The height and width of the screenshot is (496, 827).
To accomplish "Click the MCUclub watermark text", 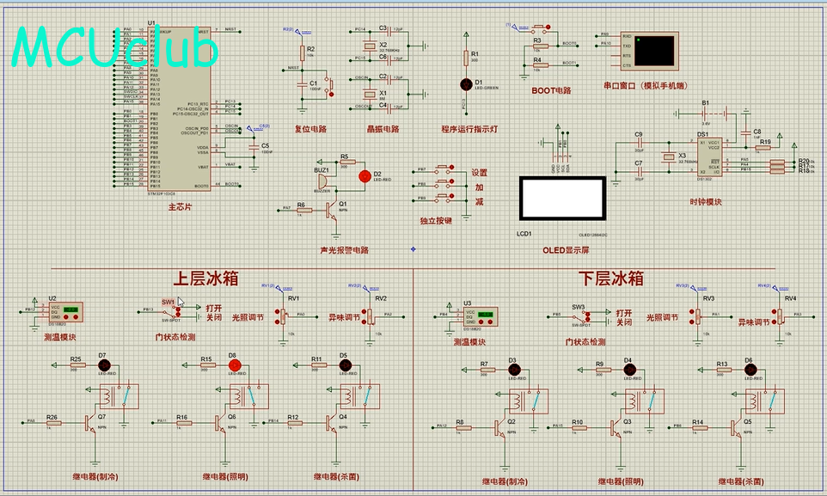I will click(x=115, y=48).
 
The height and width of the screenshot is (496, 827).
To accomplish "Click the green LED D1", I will click(x=467, y=83).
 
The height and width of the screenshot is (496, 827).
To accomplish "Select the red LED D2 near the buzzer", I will click(x=365, y=175).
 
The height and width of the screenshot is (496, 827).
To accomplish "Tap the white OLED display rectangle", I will click(x=563, y=198).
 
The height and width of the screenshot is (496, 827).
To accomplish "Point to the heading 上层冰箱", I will click(x=205, y=279).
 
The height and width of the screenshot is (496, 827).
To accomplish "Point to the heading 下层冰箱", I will click(x=612, y=279).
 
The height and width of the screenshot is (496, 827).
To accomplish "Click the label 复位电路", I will click(x=310, y=129).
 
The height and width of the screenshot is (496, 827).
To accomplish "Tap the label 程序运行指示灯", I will click(x=470, y=129).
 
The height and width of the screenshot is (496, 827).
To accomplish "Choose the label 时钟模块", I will click(x=706, y=203).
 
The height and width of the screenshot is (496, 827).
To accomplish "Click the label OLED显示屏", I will click(x=566, y=250).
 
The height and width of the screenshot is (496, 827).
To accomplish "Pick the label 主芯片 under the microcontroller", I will click(x=181, y=207).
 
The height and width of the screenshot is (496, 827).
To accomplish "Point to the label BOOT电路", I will click(x=551, y=89).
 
